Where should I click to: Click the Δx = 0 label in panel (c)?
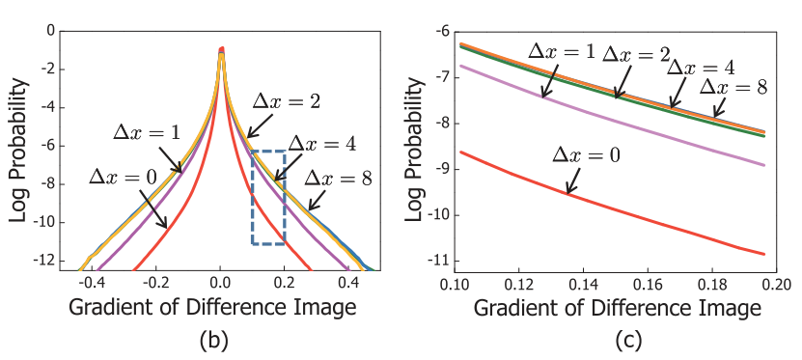(x=586, y=155)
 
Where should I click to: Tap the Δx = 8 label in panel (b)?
(x=338, y=179)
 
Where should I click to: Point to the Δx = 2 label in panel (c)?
(x=636, y=54)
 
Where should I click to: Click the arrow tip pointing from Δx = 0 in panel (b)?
(x=167, y=227)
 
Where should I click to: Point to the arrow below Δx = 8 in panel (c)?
(x=720, y=107)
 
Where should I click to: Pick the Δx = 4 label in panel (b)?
(x=321, y=144)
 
